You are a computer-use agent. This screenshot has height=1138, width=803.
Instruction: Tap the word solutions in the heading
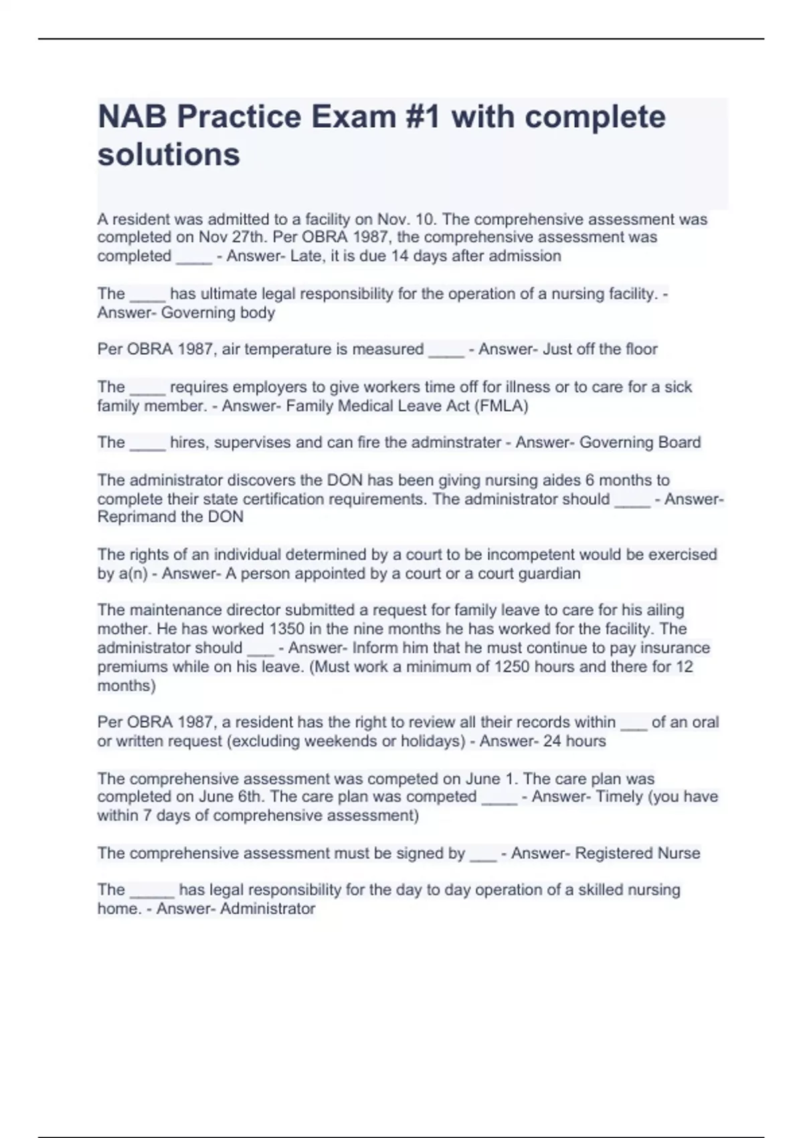tap(169, 155)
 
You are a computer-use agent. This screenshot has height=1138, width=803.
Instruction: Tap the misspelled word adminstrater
tap(459, 442)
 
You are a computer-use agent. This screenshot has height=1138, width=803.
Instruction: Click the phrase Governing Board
tap(640, 442)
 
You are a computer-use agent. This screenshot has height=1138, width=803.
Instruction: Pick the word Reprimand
tap(137, 517)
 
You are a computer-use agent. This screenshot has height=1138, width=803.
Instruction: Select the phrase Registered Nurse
tap(637, 853)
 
